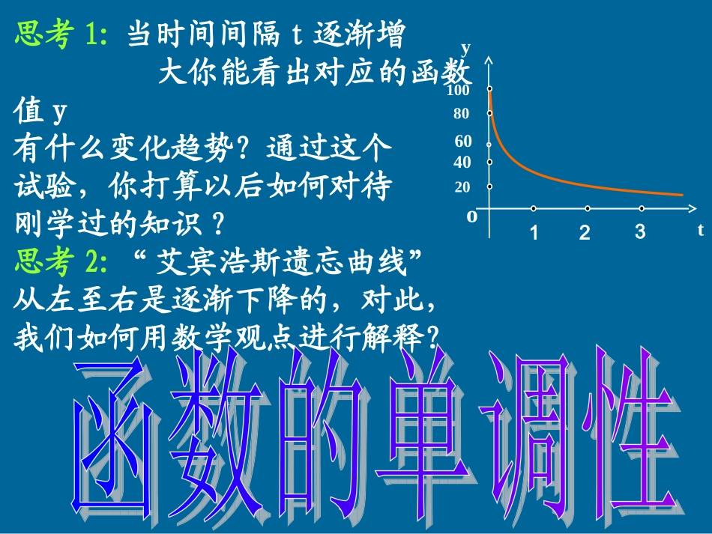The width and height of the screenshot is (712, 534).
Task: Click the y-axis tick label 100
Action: (x=457, y=91)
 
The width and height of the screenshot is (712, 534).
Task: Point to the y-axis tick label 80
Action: (x=461, y=115)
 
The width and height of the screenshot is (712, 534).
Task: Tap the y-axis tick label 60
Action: (x=462, y=142)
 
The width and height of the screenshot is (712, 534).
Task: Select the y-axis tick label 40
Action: (x=462, y=163)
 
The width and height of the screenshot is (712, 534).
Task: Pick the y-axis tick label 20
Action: (x=462, y=187)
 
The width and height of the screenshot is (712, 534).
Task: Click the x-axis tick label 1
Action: (x=534, y=232)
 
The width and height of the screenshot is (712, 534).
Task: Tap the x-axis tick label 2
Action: (x=585, y=232)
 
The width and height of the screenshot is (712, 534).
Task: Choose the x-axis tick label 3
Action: (x=639, y=231)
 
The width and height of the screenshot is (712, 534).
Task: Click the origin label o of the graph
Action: (x=471, y=216)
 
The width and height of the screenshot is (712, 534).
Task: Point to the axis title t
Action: (x=700, y=230)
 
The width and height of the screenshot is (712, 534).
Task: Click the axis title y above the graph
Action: (x=466, y=49)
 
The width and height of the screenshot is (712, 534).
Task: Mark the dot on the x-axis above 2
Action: (x=588, y=208)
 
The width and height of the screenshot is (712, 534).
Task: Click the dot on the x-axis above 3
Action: (x=642, y=208)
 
